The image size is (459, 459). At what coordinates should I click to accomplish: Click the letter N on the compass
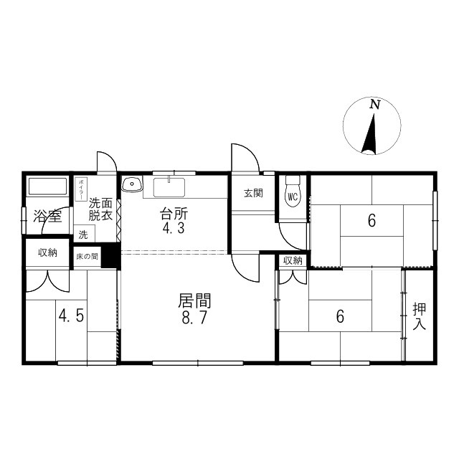(x=374, y=105)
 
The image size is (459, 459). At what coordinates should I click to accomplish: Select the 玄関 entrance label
(x=252, y=193)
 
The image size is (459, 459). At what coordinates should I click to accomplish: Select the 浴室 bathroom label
(x=47, y=216)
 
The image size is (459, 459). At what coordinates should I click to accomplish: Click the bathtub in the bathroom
(x=48, y=187)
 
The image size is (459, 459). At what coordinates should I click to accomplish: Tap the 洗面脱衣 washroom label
(x=100, y=209)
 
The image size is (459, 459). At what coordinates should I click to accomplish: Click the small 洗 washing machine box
(x=83, y=234)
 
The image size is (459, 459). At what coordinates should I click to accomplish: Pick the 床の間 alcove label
(x=87, y=256)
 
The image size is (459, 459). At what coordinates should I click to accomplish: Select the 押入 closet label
(x=419, y=317)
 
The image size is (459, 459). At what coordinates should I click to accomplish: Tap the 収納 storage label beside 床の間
(x=47, y=252)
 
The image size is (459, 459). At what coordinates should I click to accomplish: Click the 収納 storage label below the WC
(x=293, y=260)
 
